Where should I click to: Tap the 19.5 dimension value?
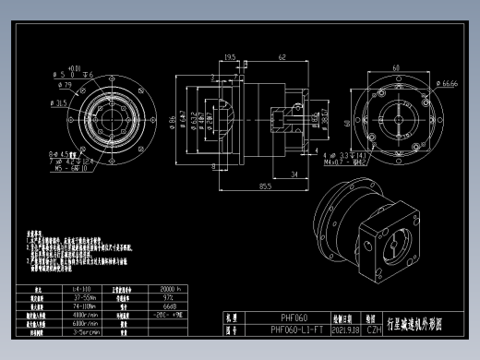pyautogui.click(x=230, y=58)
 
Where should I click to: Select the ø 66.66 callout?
pyautogui.click(x=449, y=83)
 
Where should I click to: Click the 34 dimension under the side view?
pyautogui.click(x=292, y=173)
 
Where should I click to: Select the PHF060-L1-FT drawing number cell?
pyautogui.click(x=296, y=329)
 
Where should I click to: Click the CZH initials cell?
pyautogui.click(x=373, y=329)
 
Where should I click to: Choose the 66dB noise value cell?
pyautogui.click(x=170, y=306)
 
